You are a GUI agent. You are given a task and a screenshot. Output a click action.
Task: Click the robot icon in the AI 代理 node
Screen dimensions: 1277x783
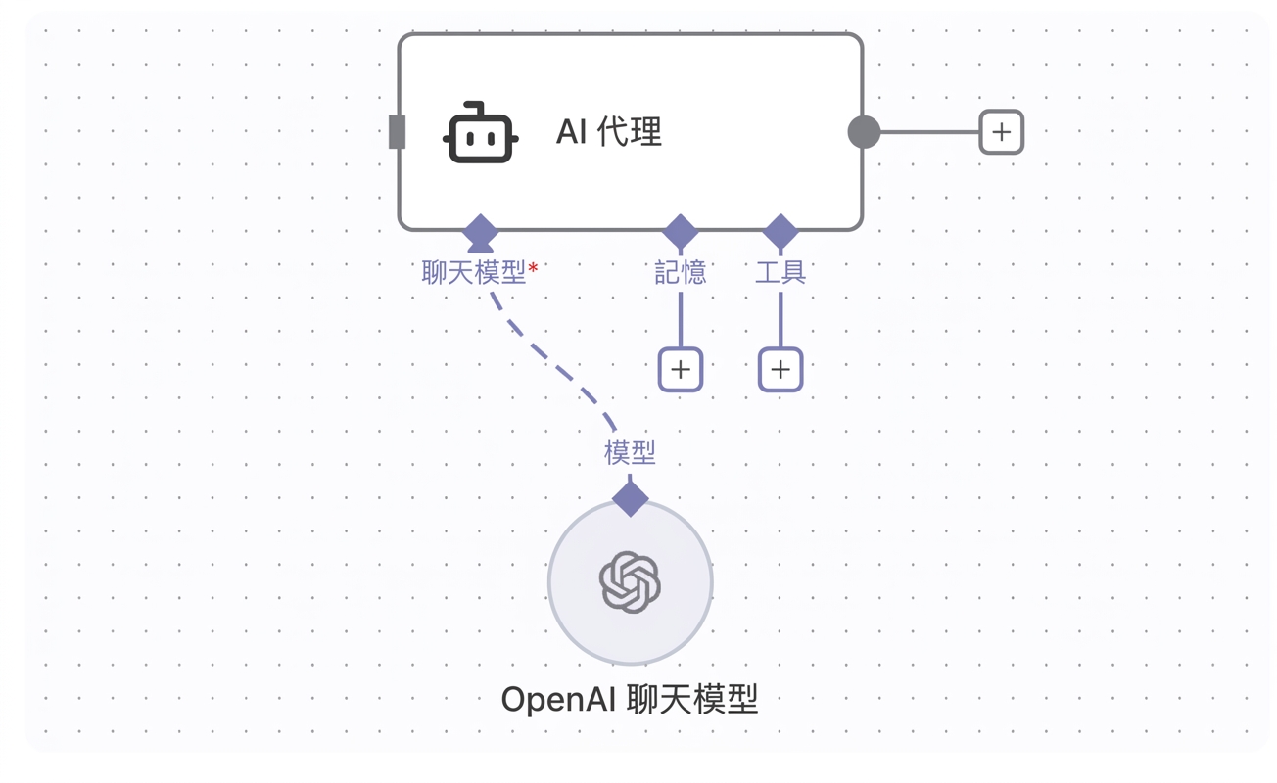[x=480, y=132]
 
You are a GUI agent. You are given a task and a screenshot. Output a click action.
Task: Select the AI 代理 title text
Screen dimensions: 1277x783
[x=609, y=131]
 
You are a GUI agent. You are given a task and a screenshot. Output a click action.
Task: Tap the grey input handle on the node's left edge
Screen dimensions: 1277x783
[x=397, y=131]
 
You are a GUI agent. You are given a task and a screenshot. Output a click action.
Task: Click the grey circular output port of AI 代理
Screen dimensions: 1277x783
[x=865, y=131]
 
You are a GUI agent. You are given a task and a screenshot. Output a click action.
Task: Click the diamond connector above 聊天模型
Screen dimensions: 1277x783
[x=480, y=232]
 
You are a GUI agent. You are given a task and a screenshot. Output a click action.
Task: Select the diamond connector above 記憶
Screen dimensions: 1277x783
[x=680, y=232]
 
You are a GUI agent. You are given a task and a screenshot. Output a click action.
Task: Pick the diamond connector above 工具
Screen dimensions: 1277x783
[x=780, y=232]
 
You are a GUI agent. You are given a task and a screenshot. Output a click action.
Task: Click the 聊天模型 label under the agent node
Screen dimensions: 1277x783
[x=474, y=272]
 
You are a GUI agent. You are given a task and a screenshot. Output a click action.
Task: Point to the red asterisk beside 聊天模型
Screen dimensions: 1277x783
[x=533, y=267]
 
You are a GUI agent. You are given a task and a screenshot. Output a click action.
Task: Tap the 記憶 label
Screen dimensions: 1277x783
[x=680, y=272]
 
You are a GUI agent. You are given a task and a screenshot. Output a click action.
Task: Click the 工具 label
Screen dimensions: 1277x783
[x=780, y=272]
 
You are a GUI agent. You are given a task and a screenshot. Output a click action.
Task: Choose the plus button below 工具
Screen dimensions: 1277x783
[x=780, y=370]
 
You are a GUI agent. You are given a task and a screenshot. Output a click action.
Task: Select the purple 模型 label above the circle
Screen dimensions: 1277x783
[x=630, y=453]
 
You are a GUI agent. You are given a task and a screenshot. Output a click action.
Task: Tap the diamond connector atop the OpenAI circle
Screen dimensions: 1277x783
[x=630, y=498]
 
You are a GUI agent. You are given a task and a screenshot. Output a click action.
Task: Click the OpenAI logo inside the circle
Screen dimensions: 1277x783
[x=630, y=581]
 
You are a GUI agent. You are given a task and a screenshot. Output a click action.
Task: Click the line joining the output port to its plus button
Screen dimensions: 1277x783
[x=929, y=132]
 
